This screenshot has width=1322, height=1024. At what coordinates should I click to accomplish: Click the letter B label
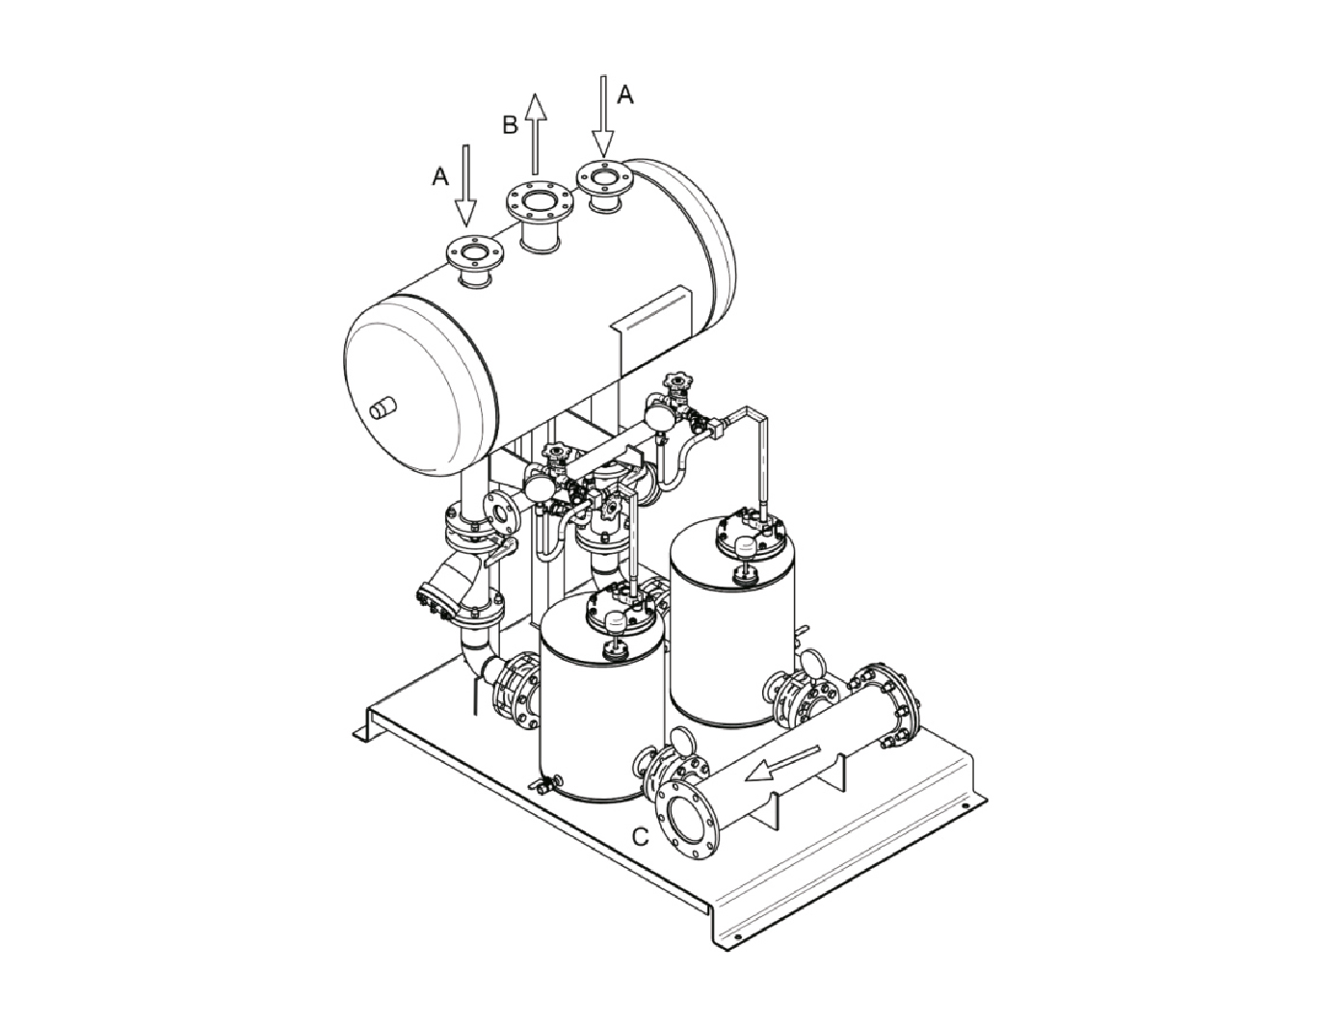coord(510,124)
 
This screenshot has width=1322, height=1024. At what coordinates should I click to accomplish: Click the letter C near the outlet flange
coord(641,837)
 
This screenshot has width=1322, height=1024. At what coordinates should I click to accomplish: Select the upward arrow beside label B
coord(535,134)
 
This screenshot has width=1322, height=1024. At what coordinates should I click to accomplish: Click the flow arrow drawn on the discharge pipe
coord(783,763)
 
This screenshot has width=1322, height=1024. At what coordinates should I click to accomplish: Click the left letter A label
coord(439,176)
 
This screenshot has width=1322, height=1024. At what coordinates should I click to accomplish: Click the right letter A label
coord(625,94)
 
